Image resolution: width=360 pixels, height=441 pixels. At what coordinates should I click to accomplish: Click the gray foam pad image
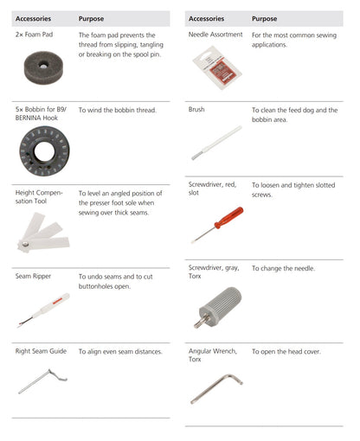(43, 67)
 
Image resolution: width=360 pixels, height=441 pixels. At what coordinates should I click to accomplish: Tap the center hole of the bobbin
(44, 151)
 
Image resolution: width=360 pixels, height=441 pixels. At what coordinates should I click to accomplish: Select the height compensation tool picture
(43, 233)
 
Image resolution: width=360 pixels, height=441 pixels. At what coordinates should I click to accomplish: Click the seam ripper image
(43, 310)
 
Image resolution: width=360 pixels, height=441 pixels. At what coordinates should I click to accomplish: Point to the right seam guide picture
(42, 381)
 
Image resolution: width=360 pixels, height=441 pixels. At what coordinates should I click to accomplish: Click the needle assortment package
(217, 67)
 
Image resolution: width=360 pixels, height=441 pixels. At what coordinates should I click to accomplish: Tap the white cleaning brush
(216, 143)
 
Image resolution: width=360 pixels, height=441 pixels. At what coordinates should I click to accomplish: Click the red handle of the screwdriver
(229, 217)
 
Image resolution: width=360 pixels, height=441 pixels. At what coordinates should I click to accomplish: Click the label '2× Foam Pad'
(34, 35)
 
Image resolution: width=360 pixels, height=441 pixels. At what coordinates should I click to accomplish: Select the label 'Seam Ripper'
(33, 276)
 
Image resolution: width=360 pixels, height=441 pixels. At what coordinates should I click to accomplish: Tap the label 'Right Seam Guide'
(41, 351)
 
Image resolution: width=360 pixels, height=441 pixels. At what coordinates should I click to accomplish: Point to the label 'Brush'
(196, 110)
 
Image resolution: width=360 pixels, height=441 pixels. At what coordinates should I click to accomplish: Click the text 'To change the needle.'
(283, 268)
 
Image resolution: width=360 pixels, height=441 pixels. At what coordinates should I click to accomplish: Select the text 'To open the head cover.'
(286, 352)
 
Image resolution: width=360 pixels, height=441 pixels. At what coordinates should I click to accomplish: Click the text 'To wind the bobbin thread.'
(118, 110)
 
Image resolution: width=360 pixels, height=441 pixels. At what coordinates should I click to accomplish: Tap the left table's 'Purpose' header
(91, 19)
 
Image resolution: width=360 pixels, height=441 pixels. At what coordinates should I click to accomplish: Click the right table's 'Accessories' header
(206, 19)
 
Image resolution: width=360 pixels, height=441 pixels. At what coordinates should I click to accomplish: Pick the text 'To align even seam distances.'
(120, 352)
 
